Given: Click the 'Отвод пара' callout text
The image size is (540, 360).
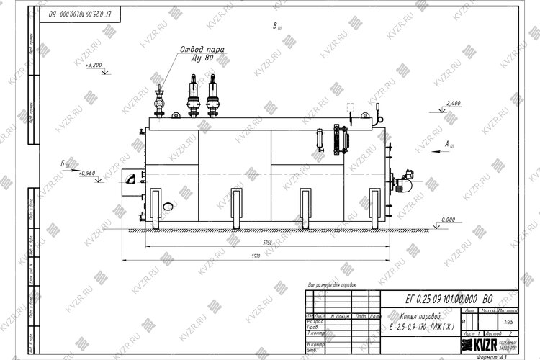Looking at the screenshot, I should [x=202, y=49].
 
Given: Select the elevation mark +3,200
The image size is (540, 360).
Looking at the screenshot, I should [x=94, y=65].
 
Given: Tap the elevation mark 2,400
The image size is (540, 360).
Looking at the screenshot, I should [x=453, y=104].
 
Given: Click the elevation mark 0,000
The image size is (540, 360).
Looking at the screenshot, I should [x=448, y=219].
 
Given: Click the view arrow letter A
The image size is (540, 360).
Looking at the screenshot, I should [x=447, y=145].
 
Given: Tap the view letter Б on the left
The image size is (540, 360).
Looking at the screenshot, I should [x=63, y=165].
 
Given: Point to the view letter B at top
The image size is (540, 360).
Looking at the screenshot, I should [x=275, y=27].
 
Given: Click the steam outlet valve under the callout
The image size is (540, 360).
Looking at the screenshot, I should [x=160, y=101].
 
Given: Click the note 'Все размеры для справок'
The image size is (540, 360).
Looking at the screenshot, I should [x=331, y=285].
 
